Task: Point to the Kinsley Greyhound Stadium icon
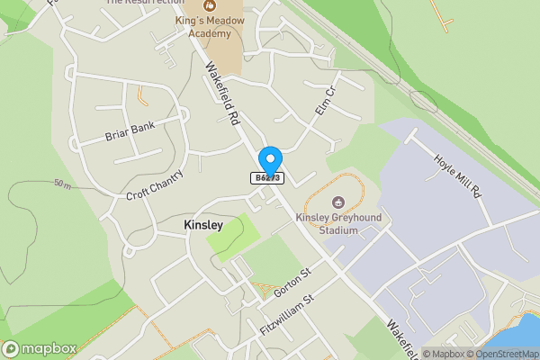[x=338, y=202]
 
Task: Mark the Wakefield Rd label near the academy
[x=222, y=93]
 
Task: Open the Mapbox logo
[x=39, y=348]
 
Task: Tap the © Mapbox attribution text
[x=444, y=354]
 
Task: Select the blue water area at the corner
[x=529, y=334]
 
